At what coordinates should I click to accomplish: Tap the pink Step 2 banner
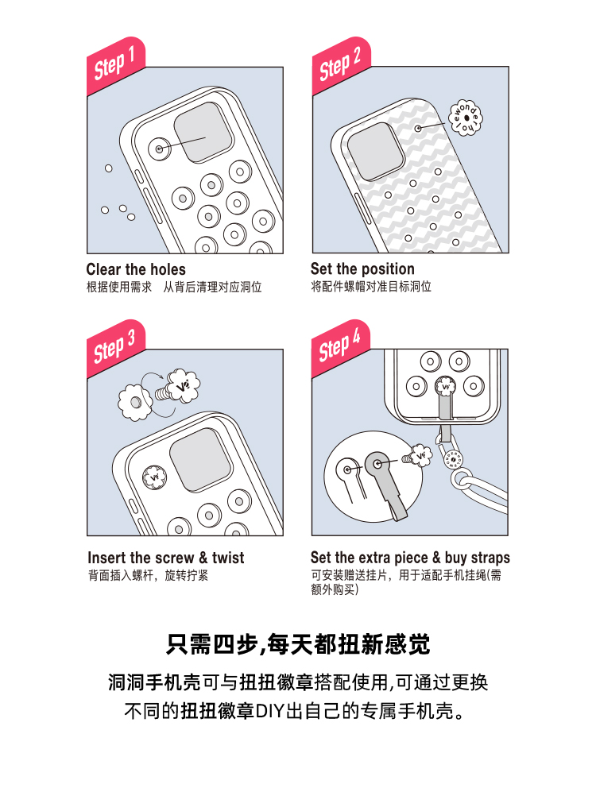click(341, 65)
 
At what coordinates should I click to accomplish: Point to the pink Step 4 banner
click(341, 348)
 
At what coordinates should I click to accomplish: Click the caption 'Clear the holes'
click(136, 269)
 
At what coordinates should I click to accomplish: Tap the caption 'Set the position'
click(362, 268)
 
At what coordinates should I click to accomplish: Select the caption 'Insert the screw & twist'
click(166, 558)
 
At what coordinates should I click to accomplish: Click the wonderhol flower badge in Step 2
click(465, 118)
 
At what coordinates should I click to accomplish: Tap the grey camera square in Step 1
click(203, 133)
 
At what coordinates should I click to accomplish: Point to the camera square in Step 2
click(376, 151)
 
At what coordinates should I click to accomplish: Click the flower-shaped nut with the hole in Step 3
click(135, 402)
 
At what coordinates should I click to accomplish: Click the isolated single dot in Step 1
click(109, 168)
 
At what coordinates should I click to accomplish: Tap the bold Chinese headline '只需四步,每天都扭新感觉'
click(298, 645)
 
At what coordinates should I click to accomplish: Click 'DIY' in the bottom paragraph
click(270, 711)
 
